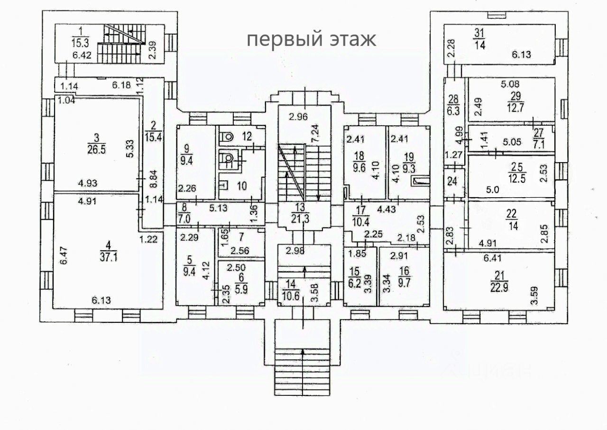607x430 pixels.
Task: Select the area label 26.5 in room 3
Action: pyautogui.click(x=96, y=149)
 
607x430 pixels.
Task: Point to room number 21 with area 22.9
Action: pyautogui.click(x=499, y=275)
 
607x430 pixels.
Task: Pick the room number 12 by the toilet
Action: pyautogui.click(x=247, y=136)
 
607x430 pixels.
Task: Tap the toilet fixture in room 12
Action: pyautogui.click(x=227, y=137)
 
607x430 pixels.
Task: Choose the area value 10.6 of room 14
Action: pyautogui.click(x=291, y=296)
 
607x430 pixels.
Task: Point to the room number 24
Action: pyautogui.click(x=452, y=181)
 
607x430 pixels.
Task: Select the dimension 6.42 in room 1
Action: pyautogui.click(x=82, y=55)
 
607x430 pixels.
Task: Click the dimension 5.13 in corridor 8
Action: pyautogui.click(x=219, y=208)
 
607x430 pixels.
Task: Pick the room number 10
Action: pyautogui.click(x=242, y=186)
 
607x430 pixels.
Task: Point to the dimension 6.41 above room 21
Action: pyautogui.click(x=493, y=258)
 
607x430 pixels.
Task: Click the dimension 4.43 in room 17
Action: pyautogui.click(x=387, y=210)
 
